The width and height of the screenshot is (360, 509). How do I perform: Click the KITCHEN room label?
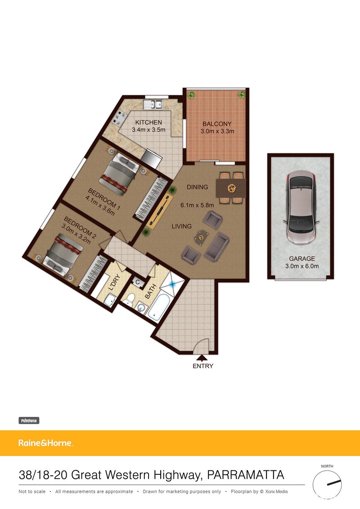click(x=148, y=122)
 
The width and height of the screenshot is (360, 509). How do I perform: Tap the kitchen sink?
click(x=153, y=104)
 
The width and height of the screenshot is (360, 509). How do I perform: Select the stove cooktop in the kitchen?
click(x=120, y=118)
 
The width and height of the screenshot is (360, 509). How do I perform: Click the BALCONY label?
click(x=217, y=124)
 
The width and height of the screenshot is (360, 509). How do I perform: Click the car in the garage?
click(x=301, y=207)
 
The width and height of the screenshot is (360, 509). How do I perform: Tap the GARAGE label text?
click(x=302, y=259)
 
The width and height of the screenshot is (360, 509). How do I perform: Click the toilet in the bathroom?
click(x=130, y=299)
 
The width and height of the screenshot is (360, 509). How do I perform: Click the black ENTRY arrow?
click(x=202, y=358)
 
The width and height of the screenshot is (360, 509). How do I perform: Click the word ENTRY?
click(x=203, y=366)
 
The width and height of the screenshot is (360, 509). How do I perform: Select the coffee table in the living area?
click(x=201, y=236)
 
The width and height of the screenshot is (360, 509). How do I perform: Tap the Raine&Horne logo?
click(x=45, y=443)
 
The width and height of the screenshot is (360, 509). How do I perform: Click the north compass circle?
click(x=327, y=484)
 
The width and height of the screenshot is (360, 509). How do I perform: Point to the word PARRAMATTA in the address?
click(x=246, y=475)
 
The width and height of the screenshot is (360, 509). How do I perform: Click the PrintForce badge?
click(x=29, y=421)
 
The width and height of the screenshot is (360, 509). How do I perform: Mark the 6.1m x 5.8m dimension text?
click(x=197, y=205)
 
